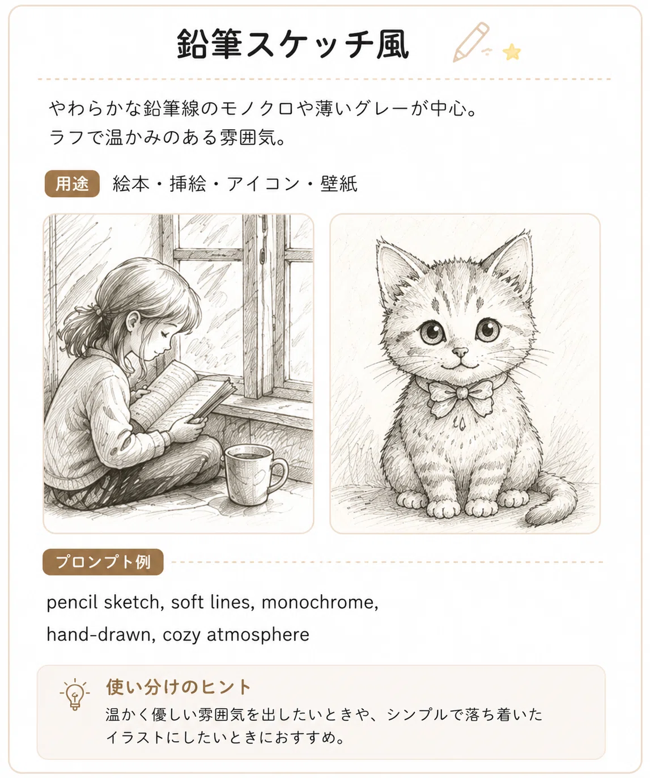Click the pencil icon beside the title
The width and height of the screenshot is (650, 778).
tap(470, 42)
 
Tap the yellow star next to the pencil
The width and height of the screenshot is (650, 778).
tap(511, 52)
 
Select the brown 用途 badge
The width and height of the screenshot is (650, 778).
tap(72, 184)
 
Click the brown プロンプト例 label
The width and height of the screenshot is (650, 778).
tap(103, 562)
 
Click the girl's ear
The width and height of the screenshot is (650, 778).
tap(133, 321)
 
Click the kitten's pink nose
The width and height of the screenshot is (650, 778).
tap(460, 351)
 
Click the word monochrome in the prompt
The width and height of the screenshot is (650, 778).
tap(320, 603)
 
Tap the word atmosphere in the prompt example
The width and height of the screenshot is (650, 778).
tap(258, 635)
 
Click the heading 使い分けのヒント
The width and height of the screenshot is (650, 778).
tap(179, 687)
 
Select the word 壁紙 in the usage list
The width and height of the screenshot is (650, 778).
tap(338, 184)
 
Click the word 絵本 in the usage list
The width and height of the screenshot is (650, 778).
tap(131, 184)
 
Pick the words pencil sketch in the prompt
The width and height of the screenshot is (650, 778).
tap(103, 603)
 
